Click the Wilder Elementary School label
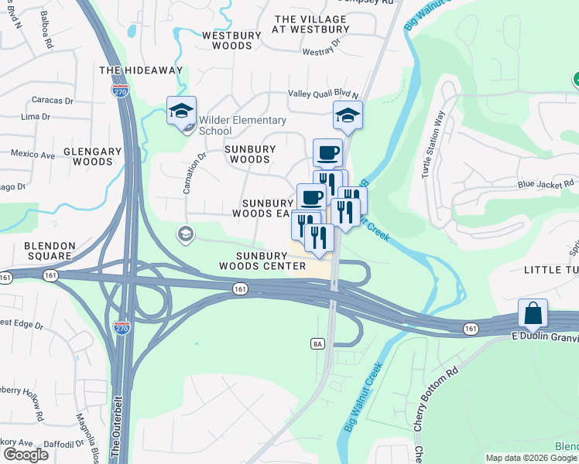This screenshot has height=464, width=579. coord(242,125)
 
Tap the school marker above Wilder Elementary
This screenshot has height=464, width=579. coord(181,111)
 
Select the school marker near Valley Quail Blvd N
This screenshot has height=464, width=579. coord(348,117)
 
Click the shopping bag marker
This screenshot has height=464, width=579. coord(533,314)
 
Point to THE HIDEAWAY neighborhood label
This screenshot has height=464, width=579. coord(141,70)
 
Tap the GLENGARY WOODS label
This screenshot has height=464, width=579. coord(93,157)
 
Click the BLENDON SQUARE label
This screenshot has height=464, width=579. coord(50,251)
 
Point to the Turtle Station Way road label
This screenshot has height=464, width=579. coord(433,145)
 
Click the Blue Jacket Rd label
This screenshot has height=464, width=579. coord(546,184)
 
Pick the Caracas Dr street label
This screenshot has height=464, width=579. coord(53,101)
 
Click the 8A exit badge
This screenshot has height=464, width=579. coord(317,343)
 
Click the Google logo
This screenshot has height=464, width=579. coord(26,455)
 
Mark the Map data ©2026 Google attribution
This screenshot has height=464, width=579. coord(531,458)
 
